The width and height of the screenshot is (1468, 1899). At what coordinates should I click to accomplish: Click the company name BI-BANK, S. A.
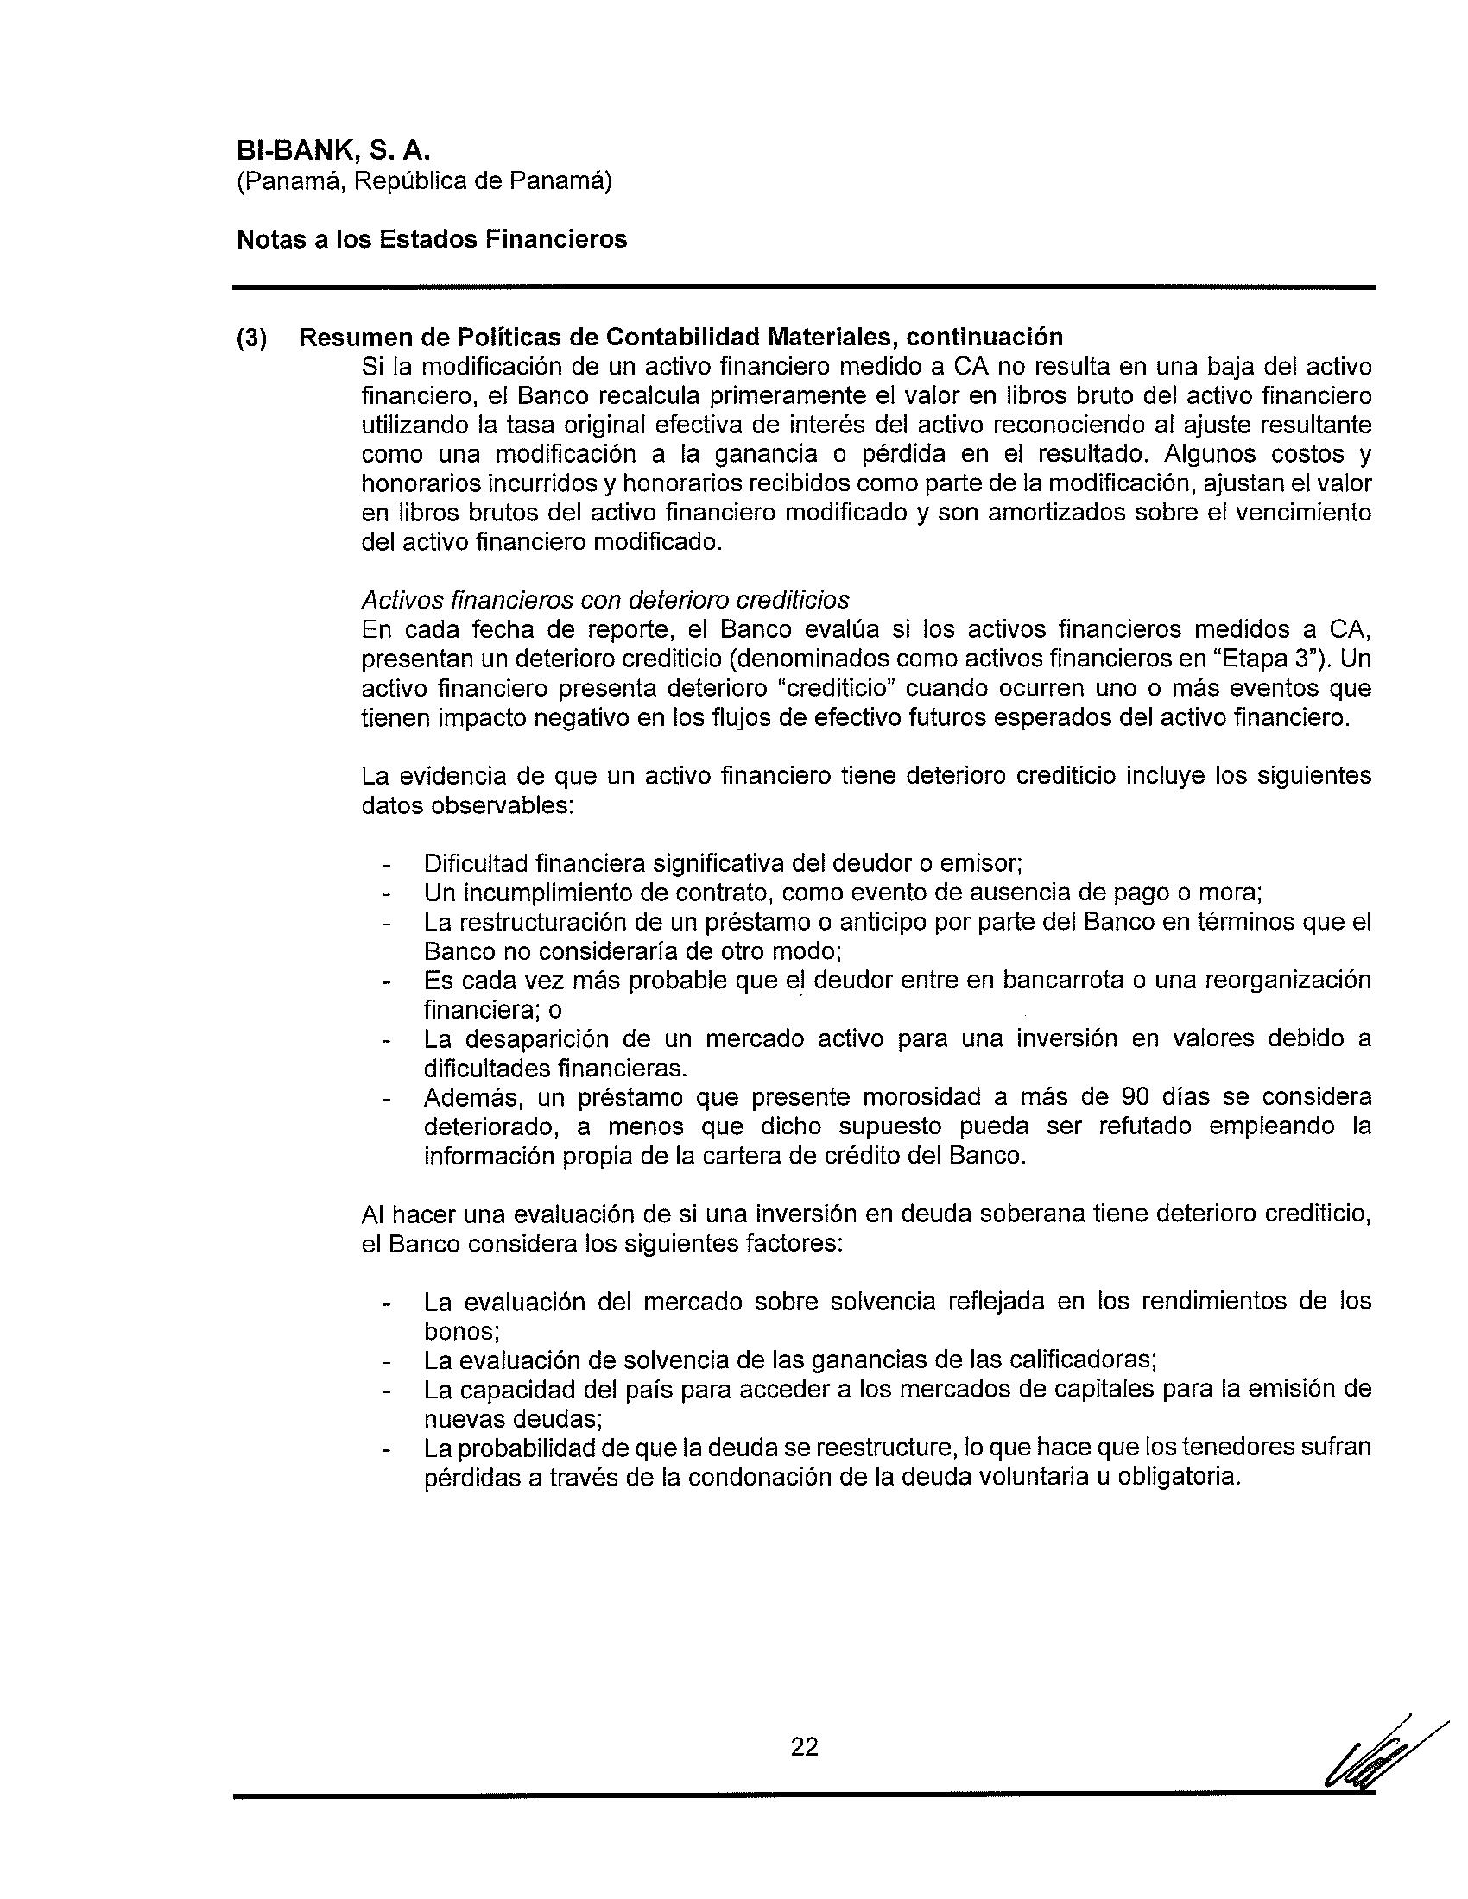[x=333, y=150]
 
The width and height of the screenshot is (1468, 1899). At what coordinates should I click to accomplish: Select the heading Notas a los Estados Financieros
[x=432, y=239]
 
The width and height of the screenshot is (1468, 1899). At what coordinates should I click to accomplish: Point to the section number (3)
[x=252, y=338]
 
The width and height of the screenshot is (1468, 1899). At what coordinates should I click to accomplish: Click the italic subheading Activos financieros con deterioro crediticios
[x=605, y=600]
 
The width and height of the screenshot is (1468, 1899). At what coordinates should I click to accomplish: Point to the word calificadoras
[x=1081, y=1359]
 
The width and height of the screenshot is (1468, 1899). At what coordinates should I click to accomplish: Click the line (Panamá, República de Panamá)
[x=424, y=182]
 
